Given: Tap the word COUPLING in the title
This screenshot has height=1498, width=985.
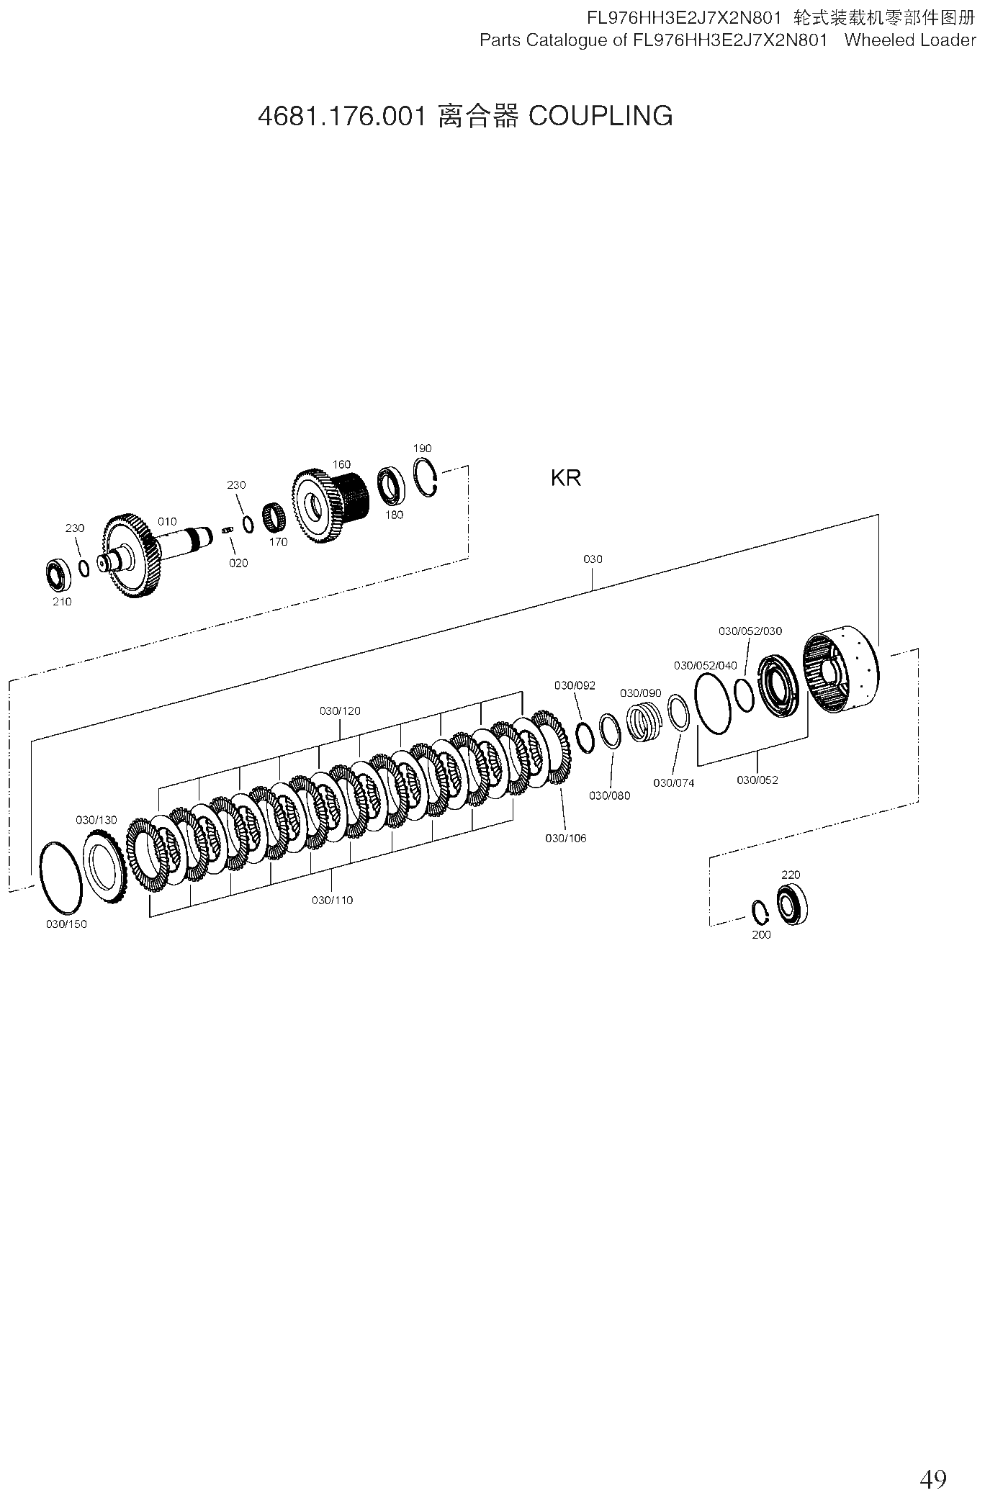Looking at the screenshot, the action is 601,116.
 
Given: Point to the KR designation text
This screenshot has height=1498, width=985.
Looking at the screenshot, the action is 566,478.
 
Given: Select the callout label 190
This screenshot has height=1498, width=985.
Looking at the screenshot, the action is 423,448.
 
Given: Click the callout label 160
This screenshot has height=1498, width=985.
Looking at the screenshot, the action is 341,464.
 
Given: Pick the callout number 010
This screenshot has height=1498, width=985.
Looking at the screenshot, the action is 167,521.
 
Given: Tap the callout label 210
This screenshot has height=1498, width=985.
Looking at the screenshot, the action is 62,602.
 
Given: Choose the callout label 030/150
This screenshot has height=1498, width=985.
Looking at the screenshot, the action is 66,924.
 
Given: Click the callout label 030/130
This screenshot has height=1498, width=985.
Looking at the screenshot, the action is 96,820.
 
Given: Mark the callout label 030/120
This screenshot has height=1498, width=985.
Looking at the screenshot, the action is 341,711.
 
